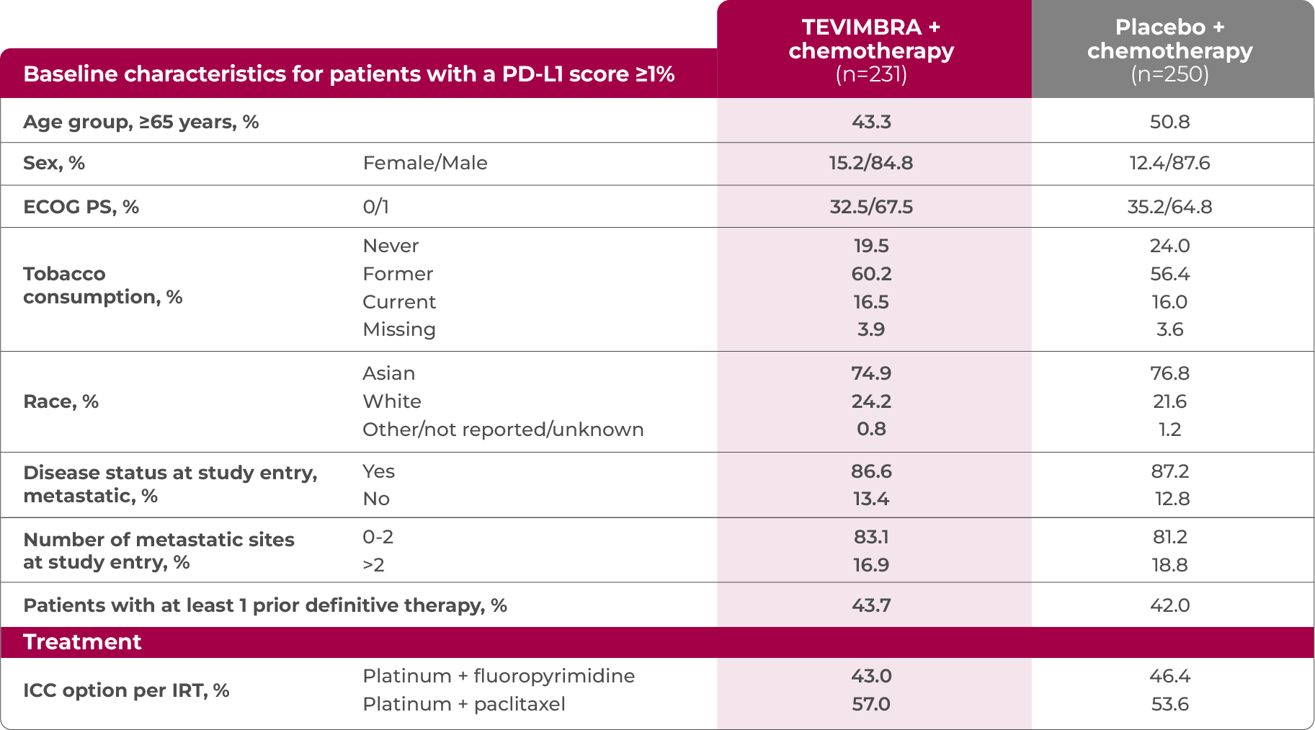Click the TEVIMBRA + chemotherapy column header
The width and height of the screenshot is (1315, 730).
871,50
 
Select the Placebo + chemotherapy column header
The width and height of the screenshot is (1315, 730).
1169,50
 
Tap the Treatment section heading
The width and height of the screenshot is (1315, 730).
82,642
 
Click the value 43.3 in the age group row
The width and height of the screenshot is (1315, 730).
871,122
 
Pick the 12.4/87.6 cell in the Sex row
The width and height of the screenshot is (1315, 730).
1169,163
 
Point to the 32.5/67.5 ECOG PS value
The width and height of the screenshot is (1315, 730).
871,207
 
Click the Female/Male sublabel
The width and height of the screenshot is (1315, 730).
425,163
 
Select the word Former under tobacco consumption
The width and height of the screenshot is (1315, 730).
398,274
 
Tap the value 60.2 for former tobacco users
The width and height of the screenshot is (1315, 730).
871,274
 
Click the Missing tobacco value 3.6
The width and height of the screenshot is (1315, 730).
1169,329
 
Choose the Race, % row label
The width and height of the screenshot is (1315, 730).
61,401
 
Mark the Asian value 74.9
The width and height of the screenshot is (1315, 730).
871,373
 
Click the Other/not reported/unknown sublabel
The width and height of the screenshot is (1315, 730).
503,429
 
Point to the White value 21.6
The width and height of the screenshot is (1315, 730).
1169,401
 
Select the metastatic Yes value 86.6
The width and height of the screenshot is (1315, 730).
871,471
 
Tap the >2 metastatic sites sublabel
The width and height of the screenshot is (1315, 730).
373,565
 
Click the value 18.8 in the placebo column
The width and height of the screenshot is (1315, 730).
1169,565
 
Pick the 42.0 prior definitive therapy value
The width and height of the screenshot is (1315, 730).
1169,605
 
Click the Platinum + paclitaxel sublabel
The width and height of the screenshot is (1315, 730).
463,704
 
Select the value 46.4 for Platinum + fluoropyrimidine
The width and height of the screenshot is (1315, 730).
1169,676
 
